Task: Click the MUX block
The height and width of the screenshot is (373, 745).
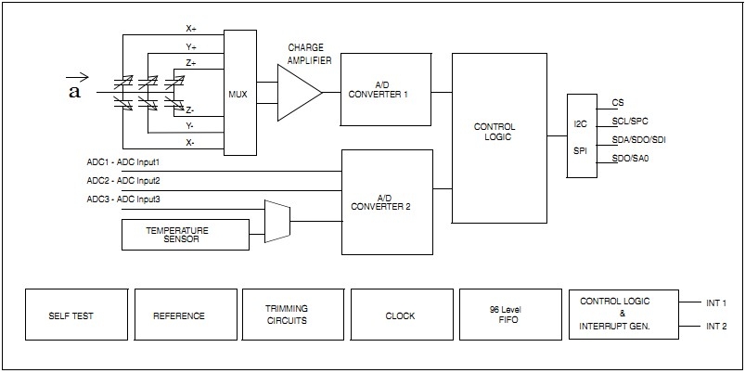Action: click(239, 93)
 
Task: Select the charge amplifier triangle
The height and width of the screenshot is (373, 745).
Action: click(298, 92)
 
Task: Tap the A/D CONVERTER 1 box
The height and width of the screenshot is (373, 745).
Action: click(385, 89)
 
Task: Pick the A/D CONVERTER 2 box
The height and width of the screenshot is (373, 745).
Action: click(387, 201)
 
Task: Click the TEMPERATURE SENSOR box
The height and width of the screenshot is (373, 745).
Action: click(186, 234)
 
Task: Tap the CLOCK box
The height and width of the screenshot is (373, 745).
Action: click(401, 315)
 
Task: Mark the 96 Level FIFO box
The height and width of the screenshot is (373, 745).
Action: click(510, 315)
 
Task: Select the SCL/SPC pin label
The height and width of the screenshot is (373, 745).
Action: click(629, 122)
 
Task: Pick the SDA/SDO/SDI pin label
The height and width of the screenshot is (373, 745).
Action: click(639, 139)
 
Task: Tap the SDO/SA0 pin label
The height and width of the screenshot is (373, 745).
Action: click(630, 159)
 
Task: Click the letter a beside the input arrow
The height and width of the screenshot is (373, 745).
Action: click(74, 91)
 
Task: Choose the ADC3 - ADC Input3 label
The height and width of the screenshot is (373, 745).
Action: click(123, 199)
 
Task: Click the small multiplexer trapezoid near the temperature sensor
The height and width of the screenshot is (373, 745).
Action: click(276, 221)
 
